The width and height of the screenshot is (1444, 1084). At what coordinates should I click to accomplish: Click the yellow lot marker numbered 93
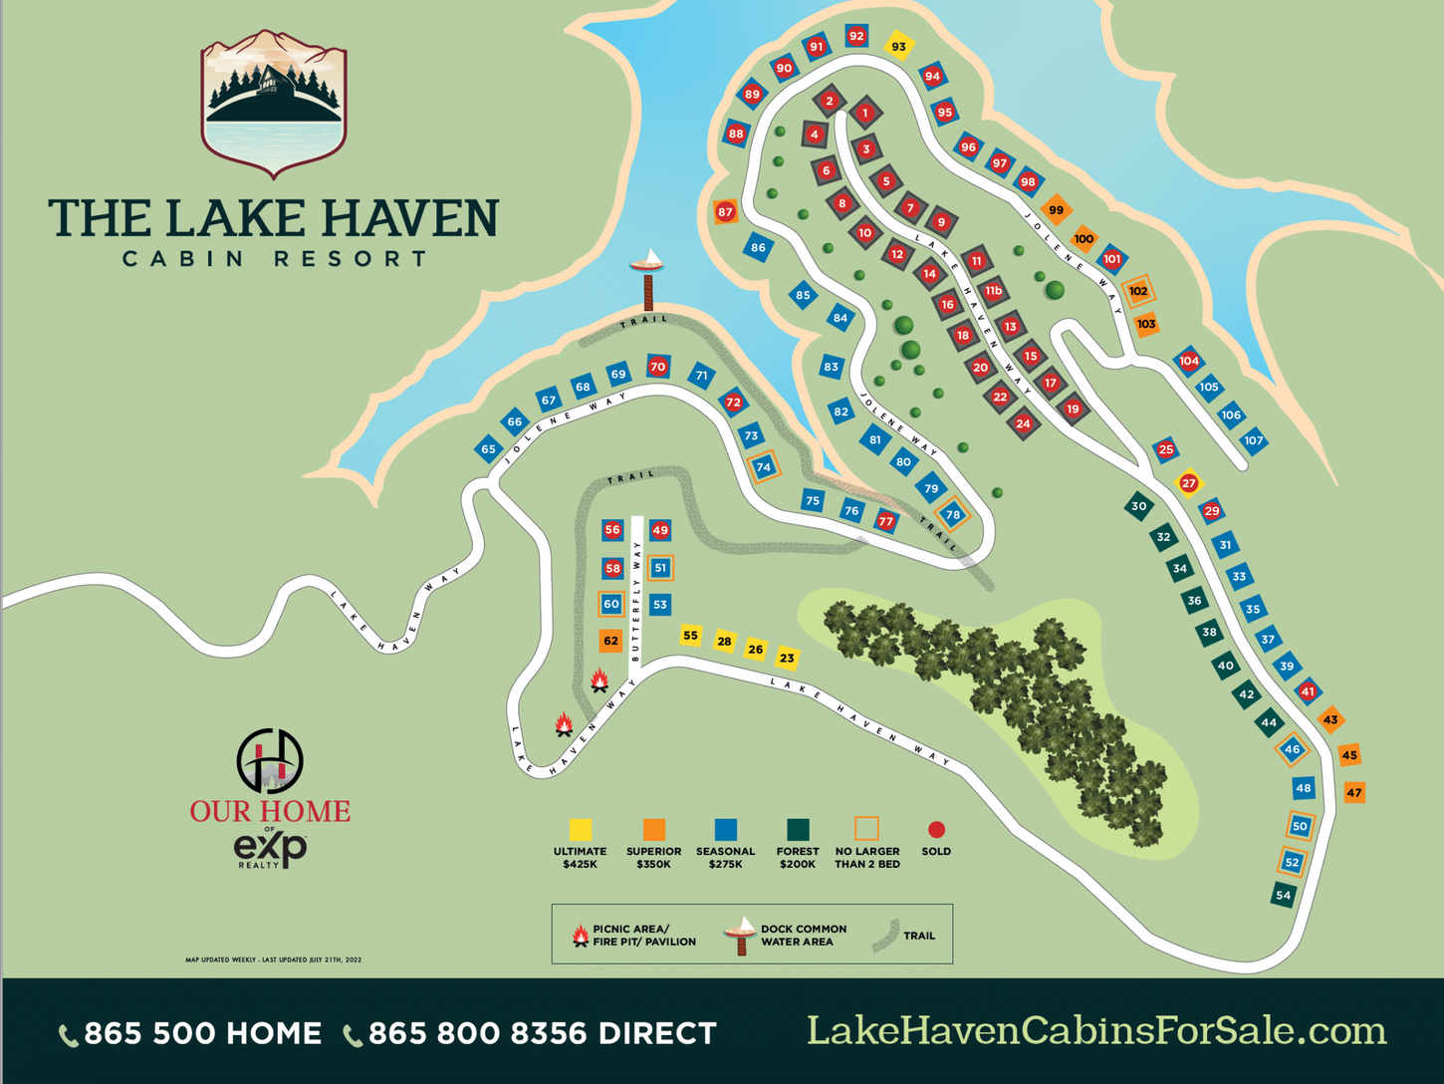[x=899, y=46]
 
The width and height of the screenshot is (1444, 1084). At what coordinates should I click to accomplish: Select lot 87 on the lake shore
[x=725, y=211]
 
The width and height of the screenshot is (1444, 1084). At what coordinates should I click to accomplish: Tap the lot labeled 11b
[x=993, y=291]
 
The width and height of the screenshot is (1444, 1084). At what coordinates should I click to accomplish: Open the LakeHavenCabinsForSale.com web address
[x=1095, y=1031]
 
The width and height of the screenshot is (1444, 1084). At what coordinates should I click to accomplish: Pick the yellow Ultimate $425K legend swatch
[x=581, y=829]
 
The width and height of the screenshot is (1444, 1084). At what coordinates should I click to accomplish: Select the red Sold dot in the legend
[x=936, y=829]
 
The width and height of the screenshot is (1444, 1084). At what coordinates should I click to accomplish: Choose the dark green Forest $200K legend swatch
[x=798, y=829]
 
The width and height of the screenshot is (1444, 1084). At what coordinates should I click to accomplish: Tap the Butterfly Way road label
[x=636, y=598]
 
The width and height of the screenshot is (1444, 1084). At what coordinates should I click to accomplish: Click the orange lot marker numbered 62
[x=610, y=641]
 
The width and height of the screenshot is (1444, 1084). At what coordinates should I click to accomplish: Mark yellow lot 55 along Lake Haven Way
[x=690, y=635]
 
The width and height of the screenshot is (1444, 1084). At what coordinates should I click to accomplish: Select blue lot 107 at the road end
[x=1253, y=440]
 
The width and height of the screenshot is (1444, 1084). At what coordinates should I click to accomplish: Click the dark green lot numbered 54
[x=1283, y=895]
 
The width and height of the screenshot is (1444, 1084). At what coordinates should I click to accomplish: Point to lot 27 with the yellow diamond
[x=1188, y=483]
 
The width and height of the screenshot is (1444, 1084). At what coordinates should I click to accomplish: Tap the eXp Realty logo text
[x=270, y=848]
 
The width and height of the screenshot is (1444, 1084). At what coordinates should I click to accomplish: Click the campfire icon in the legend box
[x=580, y=935]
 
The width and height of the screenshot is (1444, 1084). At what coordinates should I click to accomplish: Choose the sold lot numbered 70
[x=657, y=367]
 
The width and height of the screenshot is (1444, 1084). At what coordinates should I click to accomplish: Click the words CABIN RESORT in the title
[x=275, y=259]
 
